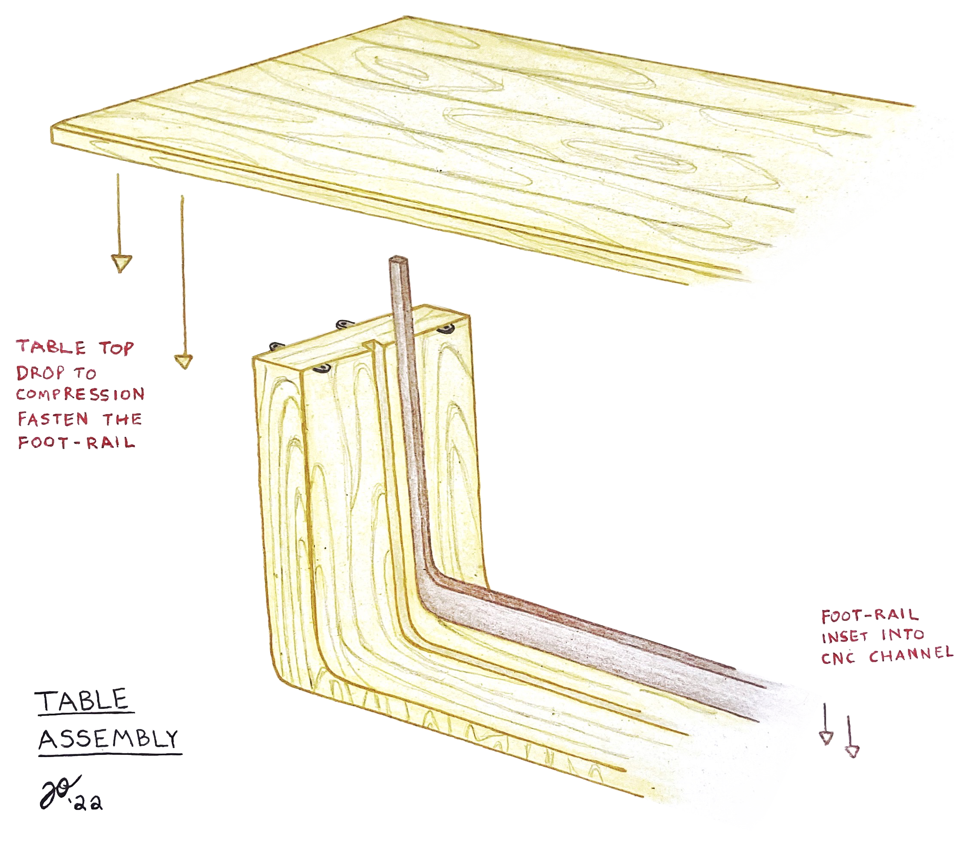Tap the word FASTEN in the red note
[x=52, y=418]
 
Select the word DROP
[x=40, y=373]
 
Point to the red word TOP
[x=116, y=348]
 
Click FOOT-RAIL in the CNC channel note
[x=869, y=615]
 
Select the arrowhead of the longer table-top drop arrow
[x=184, y=362]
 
